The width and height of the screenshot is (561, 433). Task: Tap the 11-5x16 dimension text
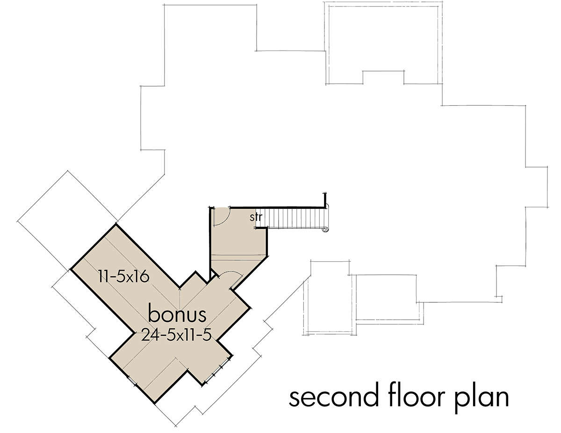coord(124,277)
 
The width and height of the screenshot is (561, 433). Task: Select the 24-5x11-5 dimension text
coord(176,336)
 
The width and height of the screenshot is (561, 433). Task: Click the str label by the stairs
coord(256,217)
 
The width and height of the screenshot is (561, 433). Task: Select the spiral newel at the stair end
coord(325,229)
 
